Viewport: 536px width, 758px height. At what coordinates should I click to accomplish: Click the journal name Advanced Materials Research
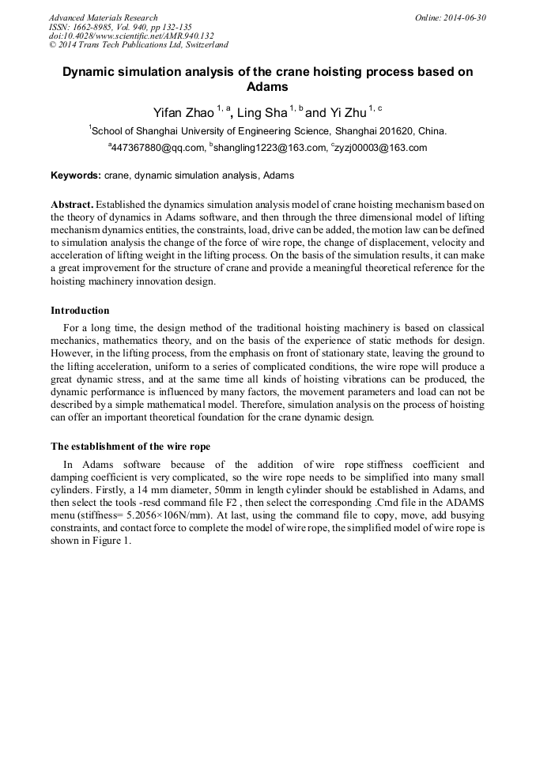tap(103, 17)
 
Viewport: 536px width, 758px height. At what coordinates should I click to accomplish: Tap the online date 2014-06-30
tap(462, 17)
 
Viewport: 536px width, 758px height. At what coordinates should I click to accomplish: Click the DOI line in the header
tap(131, 36)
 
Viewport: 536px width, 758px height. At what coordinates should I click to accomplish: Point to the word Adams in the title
tap(267, 87)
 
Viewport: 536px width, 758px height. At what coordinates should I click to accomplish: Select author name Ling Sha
tap(262, 112)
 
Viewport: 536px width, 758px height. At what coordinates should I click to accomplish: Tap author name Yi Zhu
tap(342, 112)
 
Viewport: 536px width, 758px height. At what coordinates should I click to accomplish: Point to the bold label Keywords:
tap(76, 175)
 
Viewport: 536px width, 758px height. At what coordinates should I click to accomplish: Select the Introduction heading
tap(80, 310)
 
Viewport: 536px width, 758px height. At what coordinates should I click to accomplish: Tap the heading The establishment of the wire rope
tap(130, 446)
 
